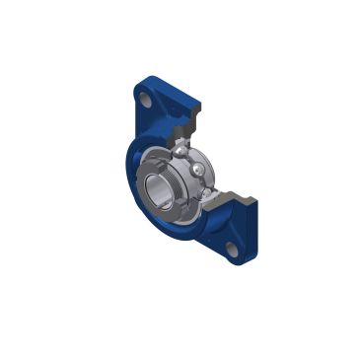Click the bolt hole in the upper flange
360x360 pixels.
click(x=145, y=101)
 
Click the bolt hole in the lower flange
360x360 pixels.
click(x=231, y=251)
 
